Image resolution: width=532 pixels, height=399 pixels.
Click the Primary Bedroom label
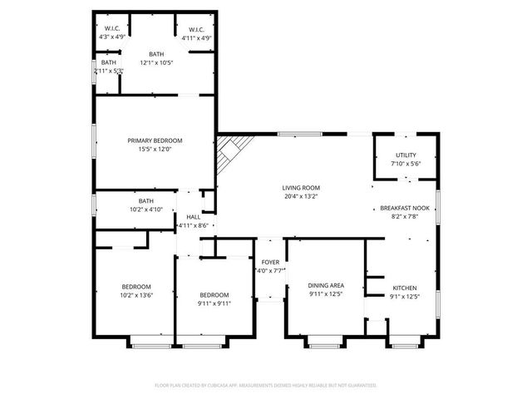click(155, 140)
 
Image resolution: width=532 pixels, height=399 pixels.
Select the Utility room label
click(406, 155)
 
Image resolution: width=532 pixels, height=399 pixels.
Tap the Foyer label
click(270, 262)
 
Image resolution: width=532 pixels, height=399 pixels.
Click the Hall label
click(193, 217)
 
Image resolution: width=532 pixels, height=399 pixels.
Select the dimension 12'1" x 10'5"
click(156, 63)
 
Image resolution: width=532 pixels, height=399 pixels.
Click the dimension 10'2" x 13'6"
click(136, 294)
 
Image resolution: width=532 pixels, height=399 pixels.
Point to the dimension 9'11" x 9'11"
click(214, 303)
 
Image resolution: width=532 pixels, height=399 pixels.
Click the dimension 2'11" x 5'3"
click(109, 71)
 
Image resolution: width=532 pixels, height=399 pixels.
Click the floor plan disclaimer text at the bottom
click(266, 386)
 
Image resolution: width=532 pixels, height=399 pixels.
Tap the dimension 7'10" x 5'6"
click(406, 164)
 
